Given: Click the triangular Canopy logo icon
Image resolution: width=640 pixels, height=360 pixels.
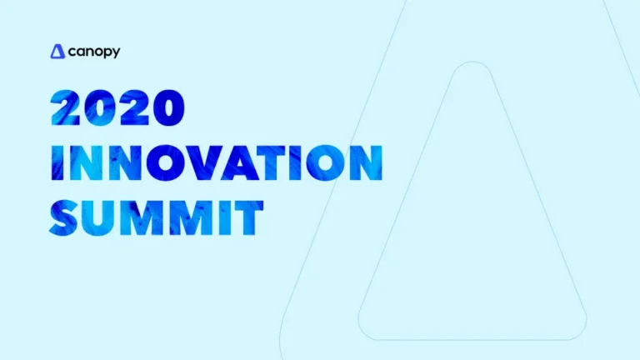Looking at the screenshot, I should coord(57,52).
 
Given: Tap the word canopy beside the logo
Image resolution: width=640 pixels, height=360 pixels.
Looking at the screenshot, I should coord(94,52).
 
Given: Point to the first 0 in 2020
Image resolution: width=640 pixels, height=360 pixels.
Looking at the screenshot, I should coord(103,108).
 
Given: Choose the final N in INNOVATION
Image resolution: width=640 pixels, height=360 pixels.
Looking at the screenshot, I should coord(364,162).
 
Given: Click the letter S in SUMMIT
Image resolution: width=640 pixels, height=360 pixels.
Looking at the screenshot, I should coord(67,214).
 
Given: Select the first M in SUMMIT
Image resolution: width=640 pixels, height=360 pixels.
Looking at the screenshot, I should coord(143,214).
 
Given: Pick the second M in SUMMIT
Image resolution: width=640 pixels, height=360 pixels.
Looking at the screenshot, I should coord(189,214).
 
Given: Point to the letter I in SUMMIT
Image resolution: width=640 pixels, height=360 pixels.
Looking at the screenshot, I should coord(220,214).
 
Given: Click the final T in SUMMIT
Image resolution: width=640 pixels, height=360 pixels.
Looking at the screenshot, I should coord(246,214).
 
